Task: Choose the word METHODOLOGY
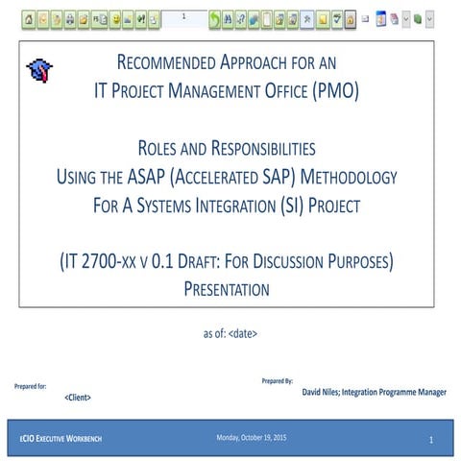343,178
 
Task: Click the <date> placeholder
244,333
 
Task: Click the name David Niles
329,392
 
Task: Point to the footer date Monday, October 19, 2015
252,439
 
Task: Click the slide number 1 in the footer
431,440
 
